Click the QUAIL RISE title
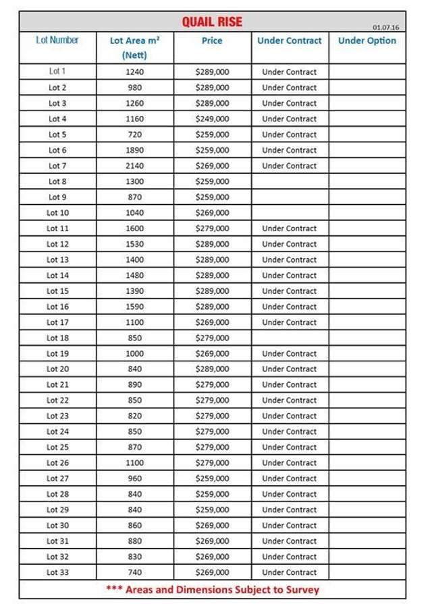[212, 22]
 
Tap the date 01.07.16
[385, 27]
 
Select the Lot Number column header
[57, 40]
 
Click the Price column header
[212, 40]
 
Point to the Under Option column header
[367, 40]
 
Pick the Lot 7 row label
[57, 166]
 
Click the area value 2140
[135, 166]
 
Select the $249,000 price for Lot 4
[212, 119]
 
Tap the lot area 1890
[135, 150]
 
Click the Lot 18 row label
[57, 338]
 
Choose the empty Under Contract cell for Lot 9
[290, 197]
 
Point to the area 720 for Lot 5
[135, 134]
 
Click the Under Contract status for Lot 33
[290, 572]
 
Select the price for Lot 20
[212, 369]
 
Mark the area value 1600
[135, 228]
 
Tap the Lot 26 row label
[57, 463]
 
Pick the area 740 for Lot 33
[135, 572]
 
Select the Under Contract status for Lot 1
[290, 71]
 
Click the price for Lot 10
[212, 212]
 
